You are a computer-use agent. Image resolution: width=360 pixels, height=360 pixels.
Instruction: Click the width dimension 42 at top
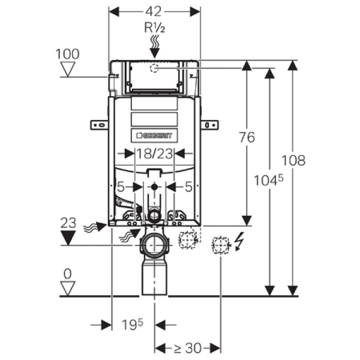tap(154, 11)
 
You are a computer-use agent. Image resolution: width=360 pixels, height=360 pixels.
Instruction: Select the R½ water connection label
tap(154, 28)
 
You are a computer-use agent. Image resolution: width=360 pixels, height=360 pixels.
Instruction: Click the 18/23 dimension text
tap(152, 154)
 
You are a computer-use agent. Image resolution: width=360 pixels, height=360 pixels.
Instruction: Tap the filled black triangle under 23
tap(70, 239)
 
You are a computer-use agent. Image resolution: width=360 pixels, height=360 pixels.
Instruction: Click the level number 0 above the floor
tap(68, 274)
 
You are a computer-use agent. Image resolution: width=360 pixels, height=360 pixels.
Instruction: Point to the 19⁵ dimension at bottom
tap(134, 325)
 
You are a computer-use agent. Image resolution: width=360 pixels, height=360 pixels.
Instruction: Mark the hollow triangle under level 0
tap(70, 288)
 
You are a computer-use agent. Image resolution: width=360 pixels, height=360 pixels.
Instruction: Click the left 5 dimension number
tap(121, 187)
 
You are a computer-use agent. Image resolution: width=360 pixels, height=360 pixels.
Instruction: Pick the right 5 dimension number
tap(189, 187)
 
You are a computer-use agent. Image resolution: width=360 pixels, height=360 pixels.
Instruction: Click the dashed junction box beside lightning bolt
tap(221, 245)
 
